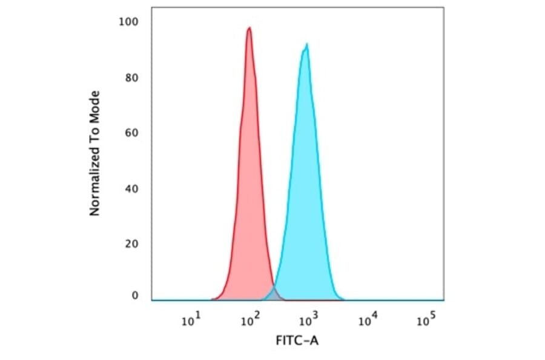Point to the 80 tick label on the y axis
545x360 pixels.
click(132, 78)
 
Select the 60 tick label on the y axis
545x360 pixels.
click(132, 133)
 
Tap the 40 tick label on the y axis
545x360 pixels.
click(132, 188)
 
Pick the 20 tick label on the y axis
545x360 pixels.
click(132, 244)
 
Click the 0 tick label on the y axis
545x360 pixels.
click(135, 295)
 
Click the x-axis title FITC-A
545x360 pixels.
click(297, 341)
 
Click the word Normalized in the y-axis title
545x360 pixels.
click(94, 183)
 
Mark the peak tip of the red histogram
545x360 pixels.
click(249, 28)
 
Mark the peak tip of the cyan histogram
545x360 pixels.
click(307, 45)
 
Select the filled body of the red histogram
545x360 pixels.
click(248, 182)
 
